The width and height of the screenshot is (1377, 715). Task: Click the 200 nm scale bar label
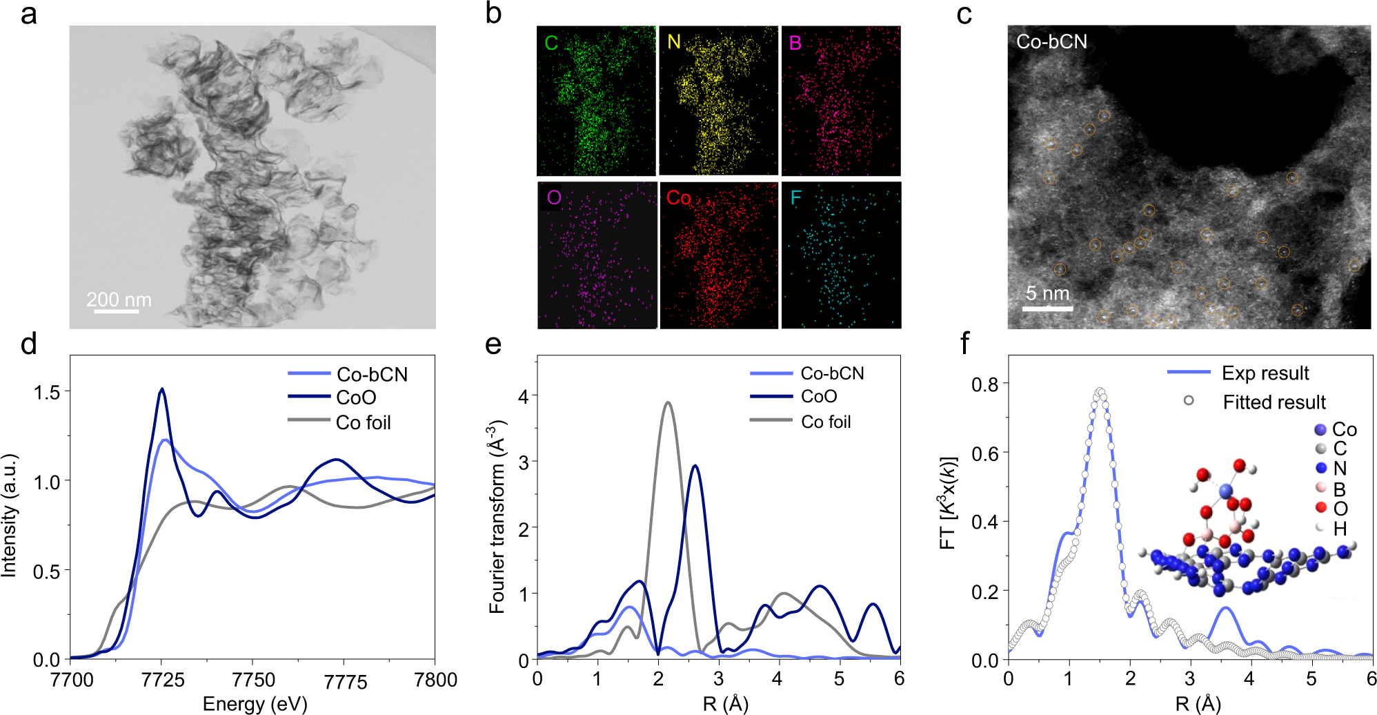click(119, 300)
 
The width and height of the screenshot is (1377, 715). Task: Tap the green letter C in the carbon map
click(551, 43)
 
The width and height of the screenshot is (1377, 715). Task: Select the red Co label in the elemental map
click(678, 198)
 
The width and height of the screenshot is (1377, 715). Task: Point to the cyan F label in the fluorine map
click(795, 198)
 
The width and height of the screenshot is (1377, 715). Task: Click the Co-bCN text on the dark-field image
click(1051, 42)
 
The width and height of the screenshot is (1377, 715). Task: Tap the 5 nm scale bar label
click(1047, 293)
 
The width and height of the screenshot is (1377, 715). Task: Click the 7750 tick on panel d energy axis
click(253, 680)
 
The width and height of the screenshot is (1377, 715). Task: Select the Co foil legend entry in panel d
click(363, 422)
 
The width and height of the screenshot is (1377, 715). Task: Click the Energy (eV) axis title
click(255, 703)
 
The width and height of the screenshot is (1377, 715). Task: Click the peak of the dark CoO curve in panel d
click(162, 389)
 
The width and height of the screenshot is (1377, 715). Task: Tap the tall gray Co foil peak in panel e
click(667, 403)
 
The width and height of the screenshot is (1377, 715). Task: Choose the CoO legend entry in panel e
click(819, 397)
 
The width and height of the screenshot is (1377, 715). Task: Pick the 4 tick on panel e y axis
click(524, 396)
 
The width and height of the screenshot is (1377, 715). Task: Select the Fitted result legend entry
click(1274, 402)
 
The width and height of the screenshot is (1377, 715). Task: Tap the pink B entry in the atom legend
click(1339, 489)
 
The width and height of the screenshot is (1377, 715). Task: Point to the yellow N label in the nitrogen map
click(673, 43)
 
